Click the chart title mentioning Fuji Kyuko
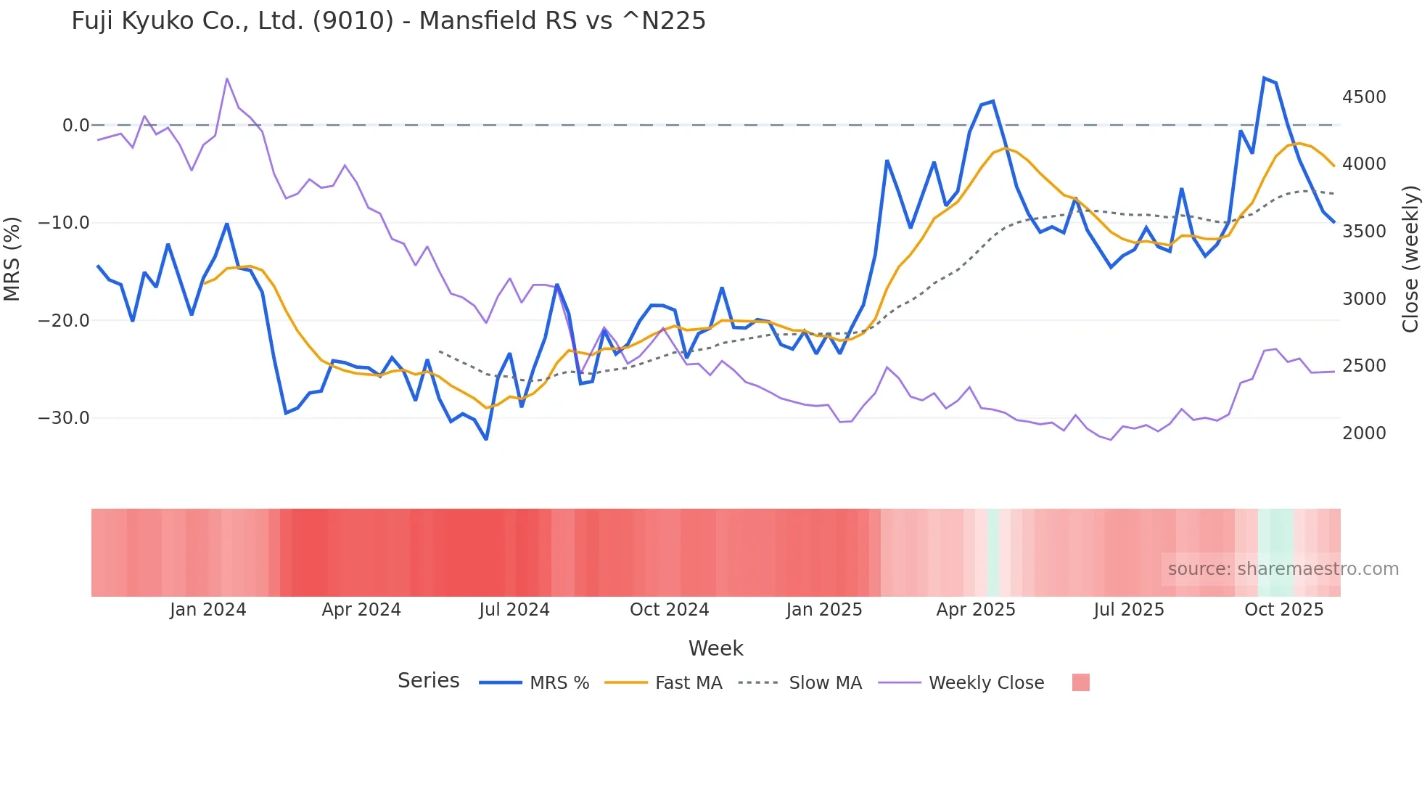click(x=388, y=21)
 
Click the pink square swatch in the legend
click(x=1080, y=682)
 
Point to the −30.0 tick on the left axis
click(x=64, y=418)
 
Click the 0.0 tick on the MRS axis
click(x=75, y=126)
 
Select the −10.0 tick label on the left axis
click(x=64, y=223)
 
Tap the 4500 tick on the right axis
click(x=1364, y=97)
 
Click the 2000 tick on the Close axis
click(x=1364, y=433)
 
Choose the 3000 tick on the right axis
click(x=1364, y=299)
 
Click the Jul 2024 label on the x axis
click(x=514, y=610)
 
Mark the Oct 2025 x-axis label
click(x=1283, y=610)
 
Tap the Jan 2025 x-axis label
click(x=823, y=610)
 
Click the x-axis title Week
click(x=715, y=648)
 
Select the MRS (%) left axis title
click(x=12, y=259)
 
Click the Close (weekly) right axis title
click(x=1410, y=259)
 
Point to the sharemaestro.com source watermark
click(x=1283, y=569)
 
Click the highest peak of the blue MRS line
click(x=1264, y=78)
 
